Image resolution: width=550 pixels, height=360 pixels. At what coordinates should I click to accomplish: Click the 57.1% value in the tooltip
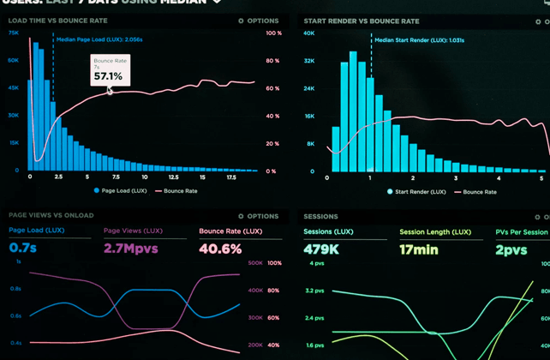coord(108,76)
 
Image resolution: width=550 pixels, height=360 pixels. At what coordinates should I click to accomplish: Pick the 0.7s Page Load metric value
coord(22,249)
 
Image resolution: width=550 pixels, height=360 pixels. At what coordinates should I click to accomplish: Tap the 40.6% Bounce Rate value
coord(220,249)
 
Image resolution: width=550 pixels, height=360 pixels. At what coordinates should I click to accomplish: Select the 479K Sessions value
coord(322,249)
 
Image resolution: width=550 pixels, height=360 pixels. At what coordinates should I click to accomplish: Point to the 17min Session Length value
coord(419,249)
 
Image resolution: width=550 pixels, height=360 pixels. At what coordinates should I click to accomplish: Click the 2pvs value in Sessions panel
coord(511,249)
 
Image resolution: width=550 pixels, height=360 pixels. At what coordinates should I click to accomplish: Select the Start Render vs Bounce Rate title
coord(361,21)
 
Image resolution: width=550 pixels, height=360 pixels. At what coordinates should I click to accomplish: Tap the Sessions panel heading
coord(320,217)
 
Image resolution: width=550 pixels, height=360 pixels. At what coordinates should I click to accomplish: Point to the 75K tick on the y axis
coord(14,33)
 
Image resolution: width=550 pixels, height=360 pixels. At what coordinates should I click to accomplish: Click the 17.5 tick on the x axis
coord(231,177)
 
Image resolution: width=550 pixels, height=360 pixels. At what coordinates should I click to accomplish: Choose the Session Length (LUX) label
coord(435,232)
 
